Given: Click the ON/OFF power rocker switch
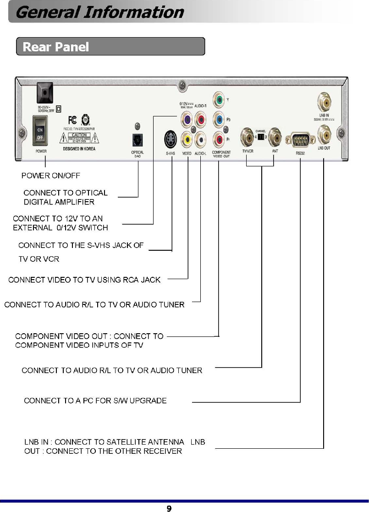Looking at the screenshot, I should coord(41,130).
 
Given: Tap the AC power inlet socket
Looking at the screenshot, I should coord(44,92).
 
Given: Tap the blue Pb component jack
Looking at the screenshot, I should coord(219,119).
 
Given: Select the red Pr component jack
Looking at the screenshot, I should coord(219,138).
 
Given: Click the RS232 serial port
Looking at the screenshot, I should coord(300,138).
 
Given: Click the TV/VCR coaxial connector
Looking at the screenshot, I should coord(248,136).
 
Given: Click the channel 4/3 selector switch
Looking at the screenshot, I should coord(261,137).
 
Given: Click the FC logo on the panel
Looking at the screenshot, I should coord(72,120).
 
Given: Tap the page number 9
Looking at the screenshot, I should coord(169,508).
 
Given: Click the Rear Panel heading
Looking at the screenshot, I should coord(55,47).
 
